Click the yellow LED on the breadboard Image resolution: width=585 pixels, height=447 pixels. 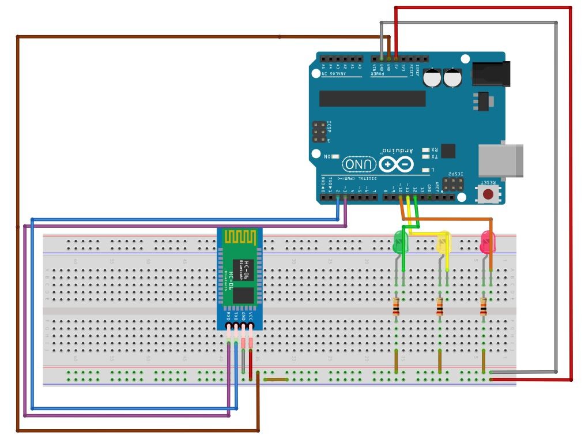(x=443, y=242)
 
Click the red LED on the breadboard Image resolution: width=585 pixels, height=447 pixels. (x=488, y=241)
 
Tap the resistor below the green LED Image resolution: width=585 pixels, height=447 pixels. (x=396, y=306)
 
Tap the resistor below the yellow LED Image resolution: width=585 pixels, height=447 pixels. (x=440, y=306)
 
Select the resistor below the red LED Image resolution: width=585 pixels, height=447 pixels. (x=483, y=306)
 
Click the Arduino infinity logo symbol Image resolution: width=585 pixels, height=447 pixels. (x=395, y=164)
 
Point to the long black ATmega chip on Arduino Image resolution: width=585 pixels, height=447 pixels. (x=372, y=98)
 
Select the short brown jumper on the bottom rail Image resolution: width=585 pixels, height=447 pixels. (x=275, y=380)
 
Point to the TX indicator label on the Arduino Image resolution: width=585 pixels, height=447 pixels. (x=435, y=156)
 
